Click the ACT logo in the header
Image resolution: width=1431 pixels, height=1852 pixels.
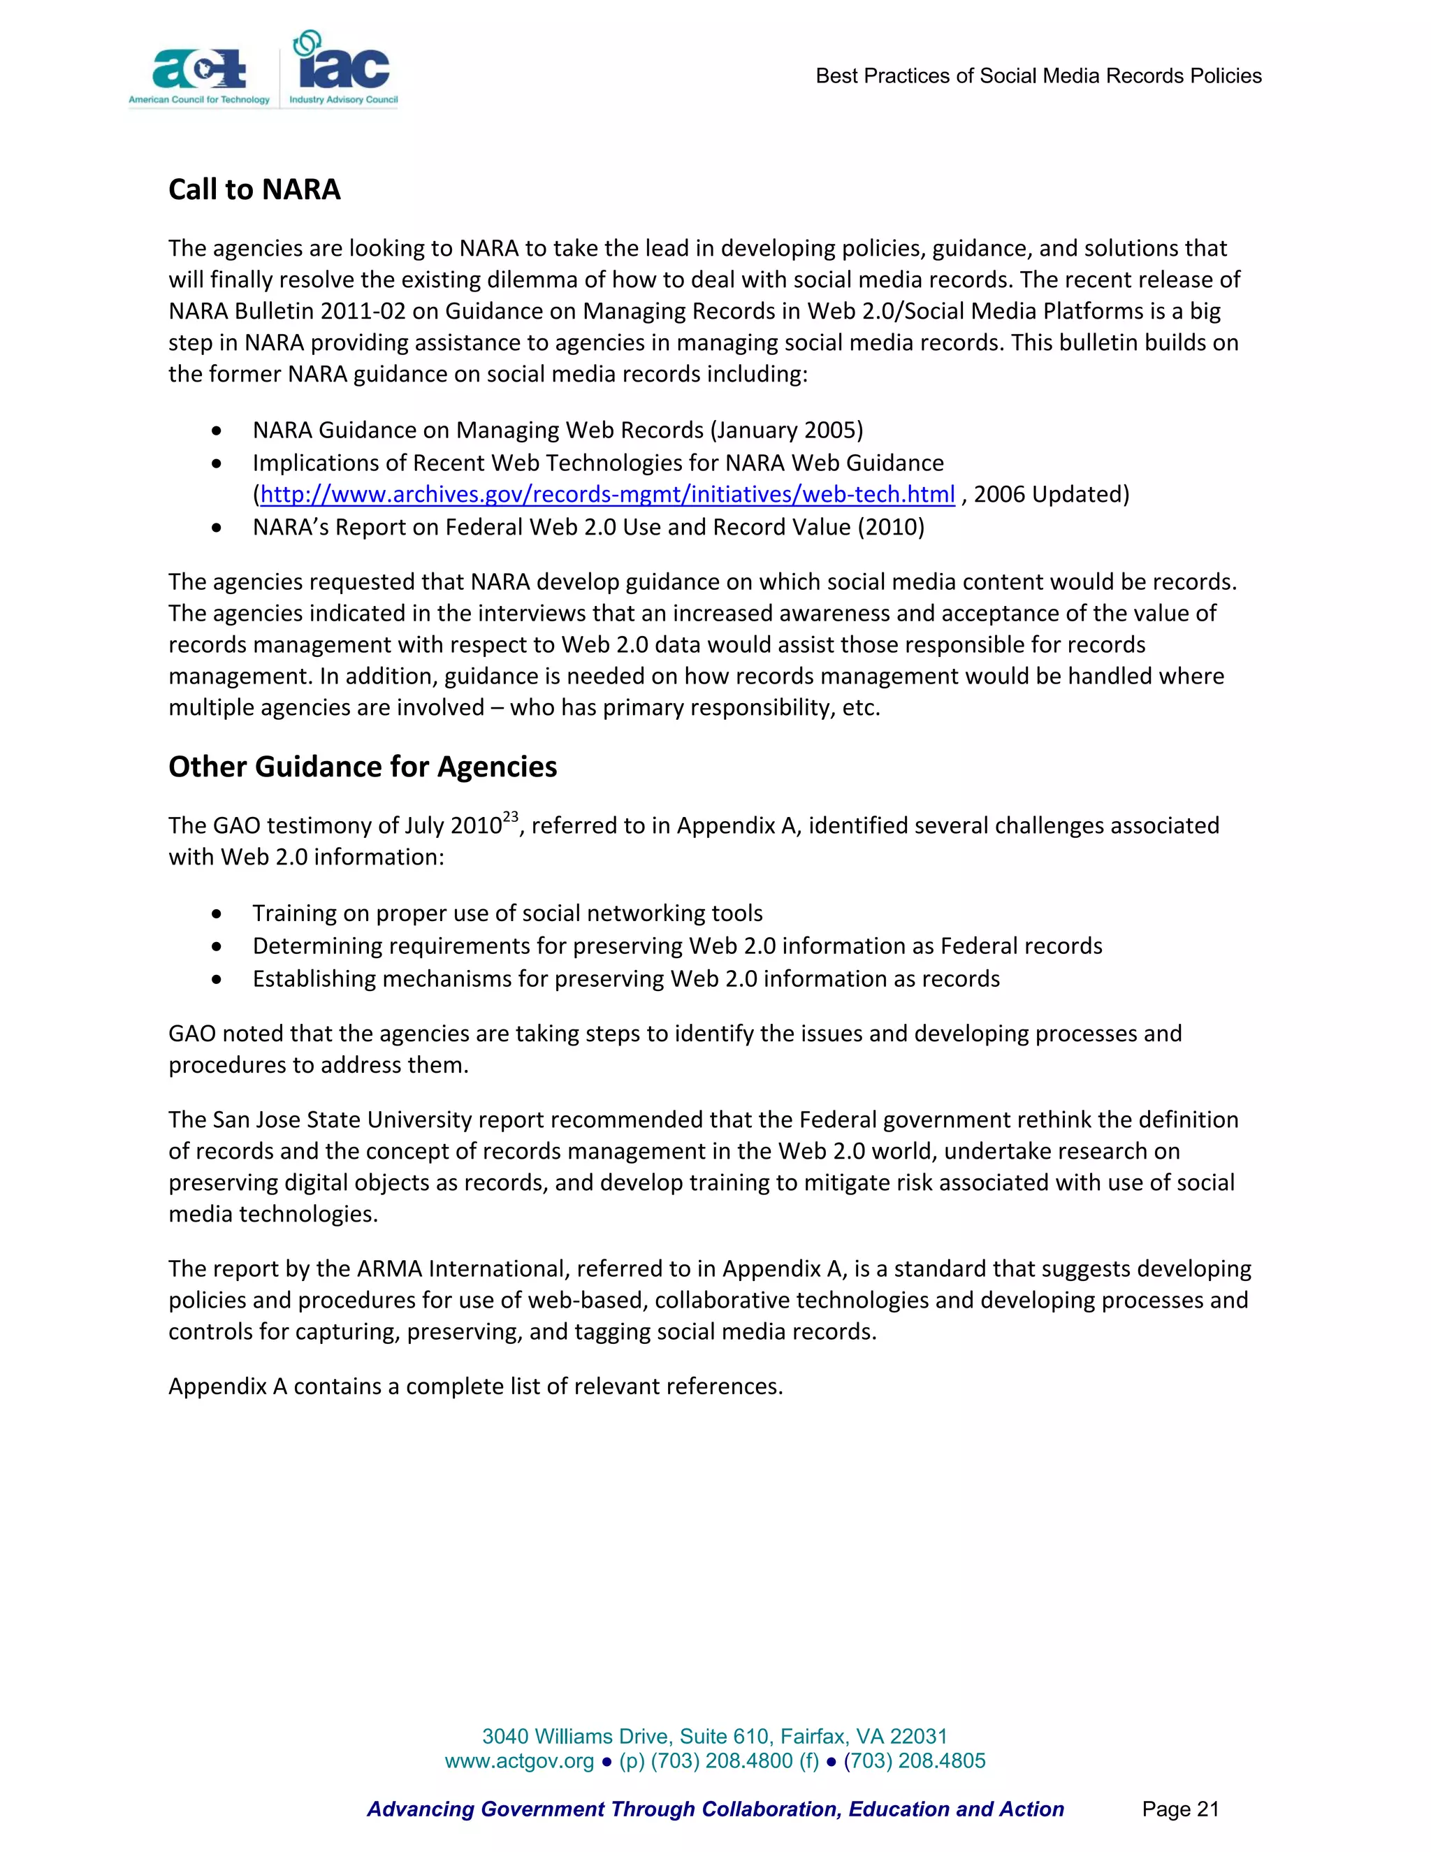[199, 72]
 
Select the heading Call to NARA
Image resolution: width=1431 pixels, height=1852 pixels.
[254, 189]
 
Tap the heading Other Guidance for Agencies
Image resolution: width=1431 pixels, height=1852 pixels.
[362, 767]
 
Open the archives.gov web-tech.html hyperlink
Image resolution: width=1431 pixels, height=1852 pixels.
[607, 494]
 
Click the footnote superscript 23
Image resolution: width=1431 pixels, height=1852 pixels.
[510, 816]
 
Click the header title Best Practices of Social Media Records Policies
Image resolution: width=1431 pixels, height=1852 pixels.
[1038, 76]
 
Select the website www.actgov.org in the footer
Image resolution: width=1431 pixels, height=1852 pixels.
[519, 1760]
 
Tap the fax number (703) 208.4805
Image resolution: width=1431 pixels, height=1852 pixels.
[914, 1760]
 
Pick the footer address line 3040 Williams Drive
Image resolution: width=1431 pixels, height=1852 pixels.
[715, 1736]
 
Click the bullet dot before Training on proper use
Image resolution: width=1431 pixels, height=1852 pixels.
[218, 914]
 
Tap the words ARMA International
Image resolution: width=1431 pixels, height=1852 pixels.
[465, 1268]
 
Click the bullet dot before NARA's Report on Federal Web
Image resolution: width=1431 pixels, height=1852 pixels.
[218, 528]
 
